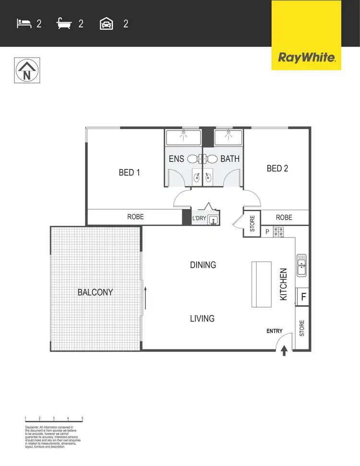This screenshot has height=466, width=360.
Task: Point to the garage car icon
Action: coord(106,24)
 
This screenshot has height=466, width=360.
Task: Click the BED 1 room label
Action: coord(129,172)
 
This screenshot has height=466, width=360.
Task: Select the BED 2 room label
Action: coord(277,168)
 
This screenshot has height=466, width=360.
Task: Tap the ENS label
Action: coord(176,159)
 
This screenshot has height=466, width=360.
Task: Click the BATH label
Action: coord(229,159)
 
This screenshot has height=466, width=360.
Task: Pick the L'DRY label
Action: coord(199,219)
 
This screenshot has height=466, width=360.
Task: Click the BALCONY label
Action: coord(95,292)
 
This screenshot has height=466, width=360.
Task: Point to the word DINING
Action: coord(203,265)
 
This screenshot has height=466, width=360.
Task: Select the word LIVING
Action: coord(202,318)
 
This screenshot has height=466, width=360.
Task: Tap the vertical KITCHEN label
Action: coord(284,285)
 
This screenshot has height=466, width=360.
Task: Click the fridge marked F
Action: coord(303,297)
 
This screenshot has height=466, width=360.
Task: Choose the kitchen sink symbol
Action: coord(302,265)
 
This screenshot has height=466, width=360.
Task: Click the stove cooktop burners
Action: coord(279,232)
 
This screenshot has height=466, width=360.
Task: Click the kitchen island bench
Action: coord(261,284)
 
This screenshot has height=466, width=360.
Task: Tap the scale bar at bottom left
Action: coord(54,419)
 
